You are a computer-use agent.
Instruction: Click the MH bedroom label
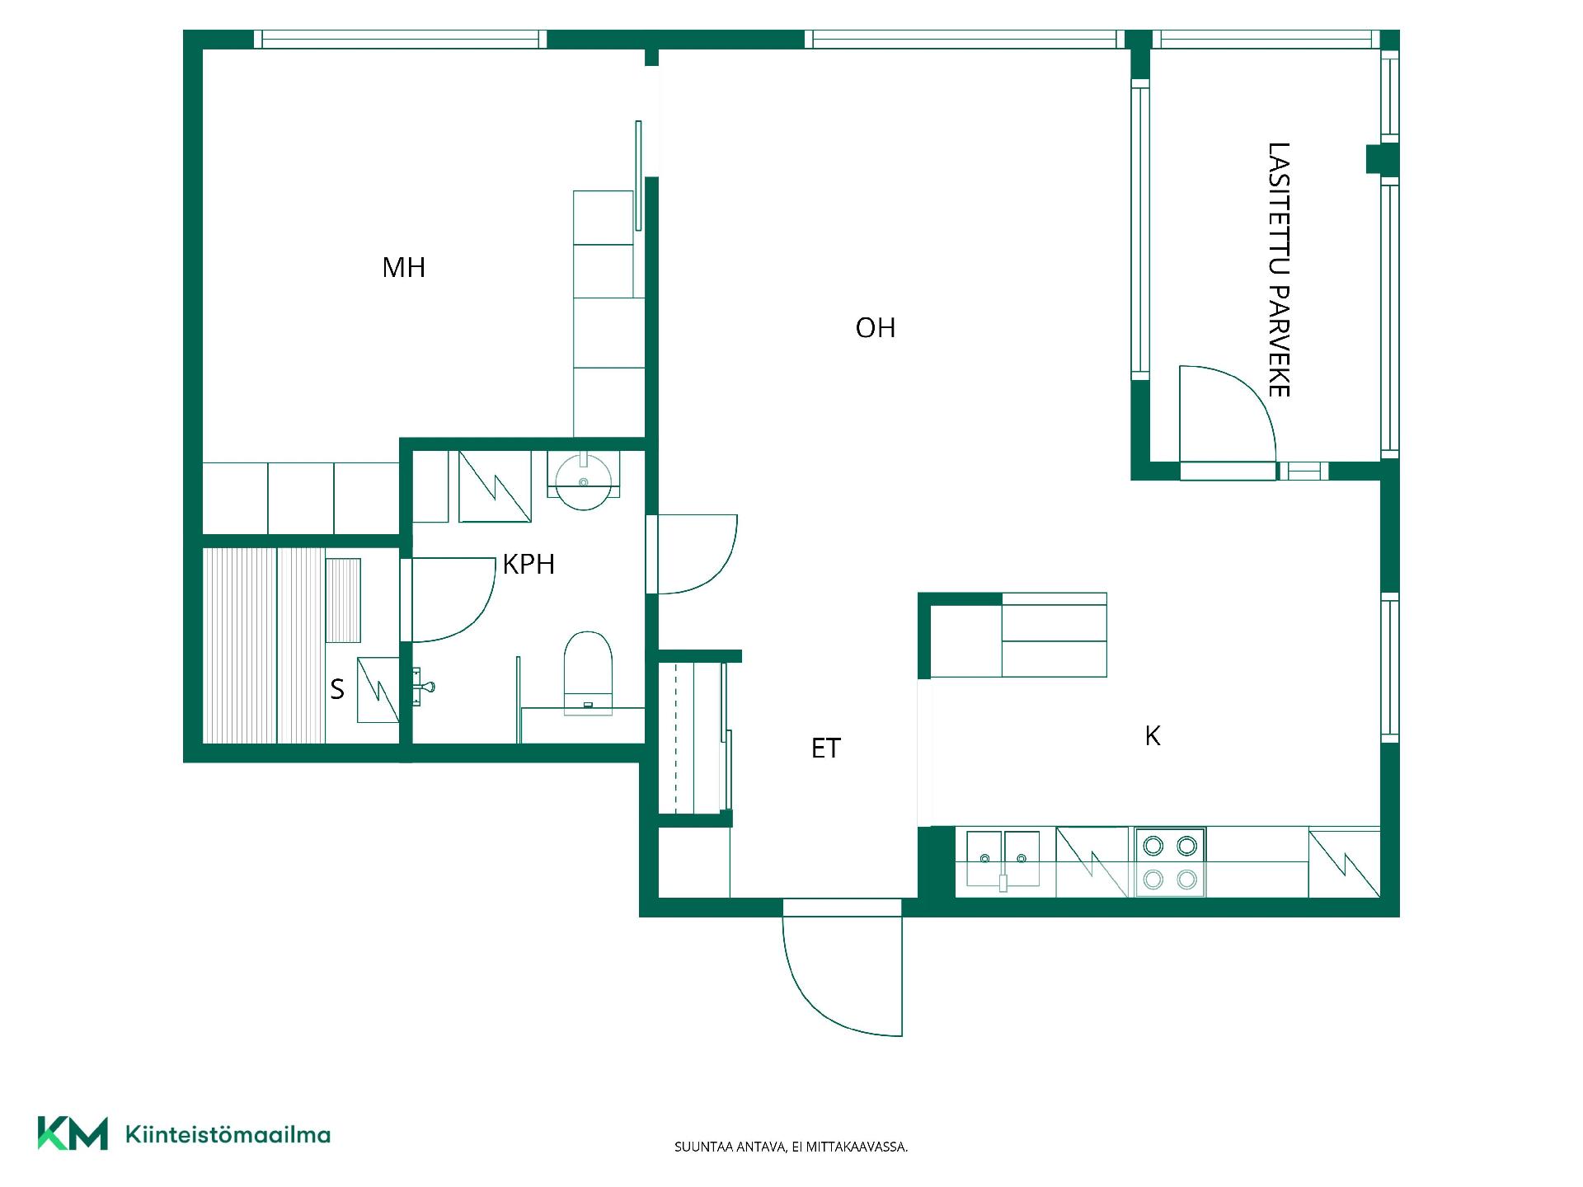404,267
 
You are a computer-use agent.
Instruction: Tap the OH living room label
876,328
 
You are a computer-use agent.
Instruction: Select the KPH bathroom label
528,564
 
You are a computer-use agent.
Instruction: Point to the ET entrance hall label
826,748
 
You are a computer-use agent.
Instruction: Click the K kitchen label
1153,735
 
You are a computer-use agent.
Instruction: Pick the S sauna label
337,689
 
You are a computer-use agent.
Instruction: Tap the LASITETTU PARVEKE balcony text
1279,270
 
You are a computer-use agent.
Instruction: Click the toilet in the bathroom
588,673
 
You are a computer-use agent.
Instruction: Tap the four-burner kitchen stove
1170,862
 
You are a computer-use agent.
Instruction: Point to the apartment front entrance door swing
842,969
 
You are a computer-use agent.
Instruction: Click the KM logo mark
73,1133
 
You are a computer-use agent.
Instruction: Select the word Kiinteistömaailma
228,1135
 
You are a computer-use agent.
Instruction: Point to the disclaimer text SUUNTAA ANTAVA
730,1147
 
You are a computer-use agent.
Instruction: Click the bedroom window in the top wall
400,40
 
